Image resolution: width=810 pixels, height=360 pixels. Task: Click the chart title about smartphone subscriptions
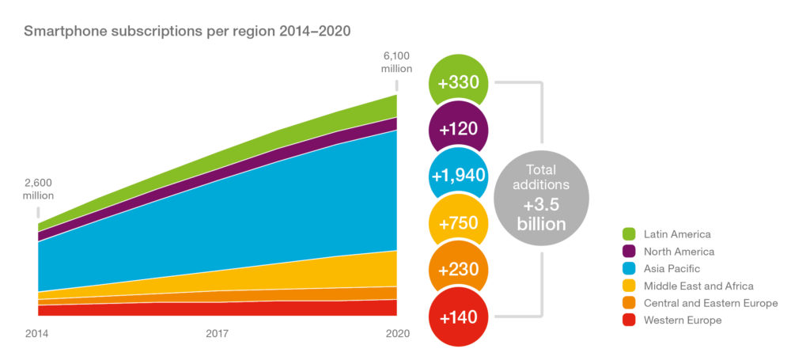tap(187, 32)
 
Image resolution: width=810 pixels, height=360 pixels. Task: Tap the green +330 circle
tap(459, 82)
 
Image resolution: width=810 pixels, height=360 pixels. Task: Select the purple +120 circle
tap(459, 128)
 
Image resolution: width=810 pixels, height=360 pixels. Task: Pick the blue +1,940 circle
tap(459, 175)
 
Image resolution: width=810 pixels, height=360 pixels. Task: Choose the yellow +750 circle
tap(459, 222)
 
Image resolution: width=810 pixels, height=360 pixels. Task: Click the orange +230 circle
tap(459, 269)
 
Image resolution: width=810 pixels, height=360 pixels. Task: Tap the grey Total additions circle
tap(542, 197)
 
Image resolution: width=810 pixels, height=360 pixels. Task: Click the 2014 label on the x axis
tap(38, 333)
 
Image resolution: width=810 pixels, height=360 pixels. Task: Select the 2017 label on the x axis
tap(218, 333)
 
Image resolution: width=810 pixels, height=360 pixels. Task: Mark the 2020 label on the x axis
tap(397, 333)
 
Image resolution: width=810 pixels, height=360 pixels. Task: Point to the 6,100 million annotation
tap(397, 62)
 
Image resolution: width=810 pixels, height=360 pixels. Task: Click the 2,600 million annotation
tap(38, 188)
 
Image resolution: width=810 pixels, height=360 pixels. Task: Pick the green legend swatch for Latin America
tap(630, 234)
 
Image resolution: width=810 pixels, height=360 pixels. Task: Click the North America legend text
tap(679, 252)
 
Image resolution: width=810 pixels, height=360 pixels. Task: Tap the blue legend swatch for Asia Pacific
tap(630, 269)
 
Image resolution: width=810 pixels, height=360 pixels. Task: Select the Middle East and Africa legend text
tap(699, 286)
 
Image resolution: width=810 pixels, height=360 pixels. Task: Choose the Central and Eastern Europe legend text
tap(711, 303)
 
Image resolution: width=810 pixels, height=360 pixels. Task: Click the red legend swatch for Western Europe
tap(630, 320)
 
